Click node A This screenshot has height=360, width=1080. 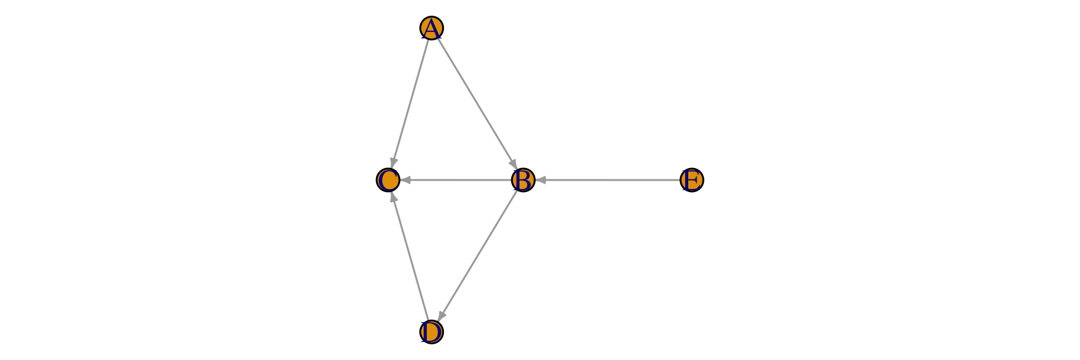pos(431,28)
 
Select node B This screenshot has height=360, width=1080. pos(523,180)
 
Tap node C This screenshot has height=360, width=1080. pos(388,180)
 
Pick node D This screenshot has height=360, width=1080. pos(431,332)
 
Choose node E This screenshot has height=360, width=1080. pos(692,180)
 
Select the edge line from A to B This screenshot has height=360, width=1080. pos(477,104)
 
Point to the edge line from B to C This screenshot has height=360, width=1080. pos(456,180)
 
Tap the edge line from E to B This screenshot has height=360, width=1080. pos(607,180)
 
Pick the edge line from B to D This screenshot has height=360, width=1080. pos(478,256)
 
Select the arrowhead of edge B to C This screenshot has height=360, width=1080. pos(405,180)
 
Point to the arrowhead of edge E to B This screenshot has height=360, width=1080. pos(540,180)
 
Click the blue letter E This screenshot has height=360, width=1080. pos(692,180)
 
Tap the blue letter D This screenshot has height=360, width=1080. pos(431,332)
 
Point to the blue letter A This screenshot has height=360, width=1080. pos(431,29)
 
